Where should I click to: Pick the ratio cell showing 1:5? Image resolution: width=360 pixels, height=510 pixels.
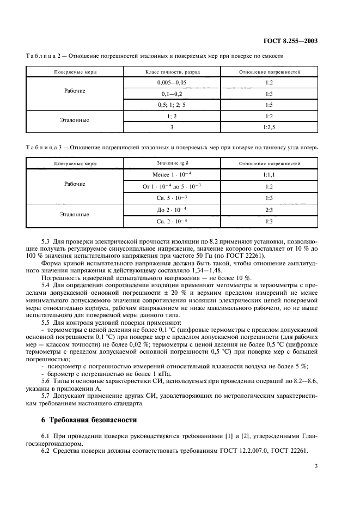pos(269,105)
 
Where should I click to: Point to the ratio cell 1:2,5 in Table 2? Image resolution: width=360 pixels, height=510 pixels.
pos(269,127)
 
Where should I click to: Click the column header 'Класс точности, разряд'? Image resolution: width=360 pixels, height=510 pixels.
pos(172,71)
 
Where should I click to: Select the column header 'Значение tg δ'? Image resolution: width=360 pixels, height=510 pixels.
pos(172,163)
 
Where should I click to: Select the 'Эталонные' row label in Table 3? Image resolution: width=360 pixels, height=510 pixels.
pos(75,215)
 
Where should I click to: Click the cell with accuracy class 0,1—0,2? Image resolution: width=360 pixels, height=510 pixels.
pos(172,93)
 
